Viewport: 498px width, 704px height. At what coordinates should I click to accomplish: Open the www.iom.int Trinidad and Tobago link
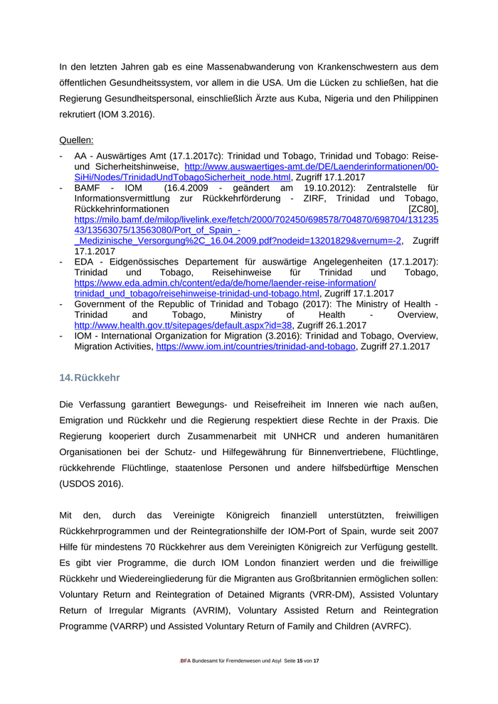click(255, 347)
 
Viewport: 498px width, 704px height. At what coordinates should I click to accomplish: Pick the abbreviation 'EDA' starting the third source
click(85, 262)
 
